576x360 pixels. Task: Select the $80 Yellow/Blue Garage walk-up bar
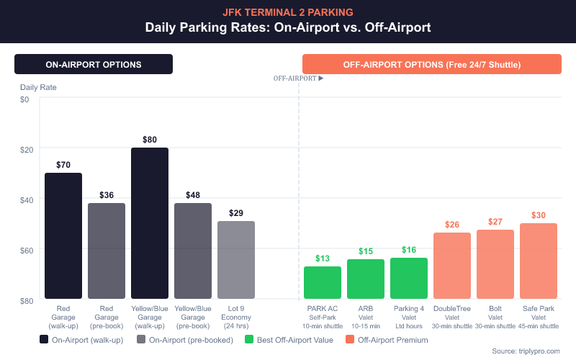(x=150, y=223)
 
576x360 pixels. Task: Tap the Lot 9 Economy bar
(x=236, y=260)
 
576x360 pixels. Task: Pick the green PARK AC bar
(x=323, y=282)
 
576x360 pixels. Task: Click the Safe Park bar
(x=539, y=261)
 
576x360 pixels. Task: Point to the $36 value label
(x=107, y=195)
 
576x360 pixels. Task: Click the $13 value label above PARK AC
(x=323, y=258)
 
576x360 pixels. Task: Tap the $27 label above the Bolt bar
(x=495, y=222)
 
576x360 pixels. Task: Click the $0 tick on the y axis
(x=24, y=99)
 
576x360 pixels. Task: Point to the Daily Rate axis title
(x=38, y=87)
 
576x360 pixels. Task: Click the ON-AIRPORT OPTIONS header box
(x=94, y=64)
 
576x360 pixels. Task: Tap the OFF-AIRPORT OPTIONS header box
(x=432, y=64)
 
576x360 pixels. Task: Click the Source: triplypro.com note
(x=530, y=351)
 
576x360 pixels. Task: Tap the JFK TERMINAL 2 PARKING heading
(x=288, y=12)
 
